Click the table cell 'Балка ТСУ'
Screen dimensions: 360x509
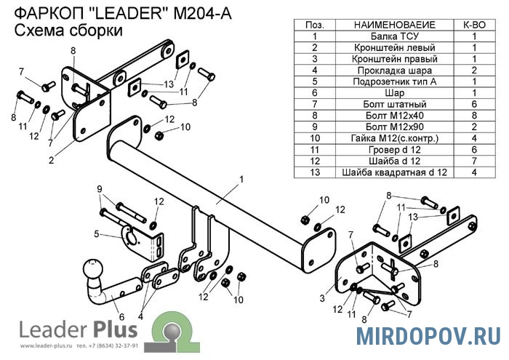pos(394,36)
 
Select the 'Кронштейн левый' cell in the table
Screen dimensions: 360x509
pos(394,47)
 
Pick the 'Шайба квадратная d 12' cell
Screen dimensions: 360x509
pos(394,172)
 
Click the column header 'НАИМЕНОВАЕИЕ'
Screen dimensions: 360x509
pos(394,24)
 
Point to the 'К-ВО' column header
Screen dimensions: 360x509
pos(473,24)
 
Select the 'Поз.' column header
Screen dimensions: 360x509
pos(315,24)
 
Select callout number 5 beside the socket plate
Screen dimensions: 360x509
pos(96,233)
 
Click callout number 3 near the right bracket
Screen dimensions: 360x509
pos(321,298)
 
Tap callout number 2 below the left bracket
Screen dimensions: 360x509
pos(51,161)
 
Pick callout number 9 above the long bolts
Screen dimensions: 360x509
pos(100,189)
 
